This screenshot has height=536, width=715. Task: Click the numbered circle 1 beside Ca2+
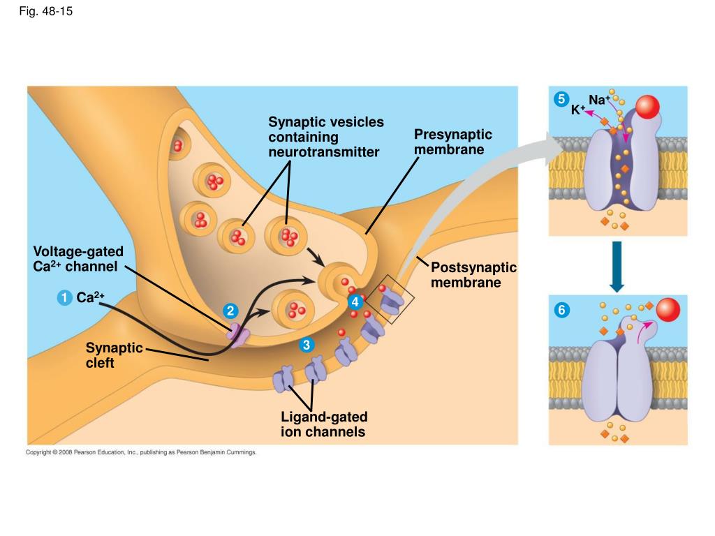coord(64,297)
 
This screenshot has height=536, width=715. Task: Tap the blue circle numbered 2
coord(230,311)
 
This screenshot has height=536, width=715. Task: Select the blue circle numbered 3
coord(307,345)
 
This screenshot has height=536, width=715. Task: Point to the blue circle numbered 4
coord(355,301)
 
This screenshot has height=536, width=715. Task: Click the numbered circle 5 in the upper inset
coord(561,99)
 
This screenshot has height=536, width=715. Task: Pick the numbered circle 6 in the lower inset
coord(561,311)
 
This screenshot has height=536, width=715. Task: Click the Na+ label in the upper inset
coord(599,99)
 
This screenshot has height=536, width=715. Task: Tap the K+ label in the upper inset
coord(578,110)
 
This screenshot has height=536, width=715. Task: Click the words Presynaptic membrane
coord(452,142)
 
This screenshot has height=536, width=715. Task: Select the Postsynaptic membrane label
coord(474,275)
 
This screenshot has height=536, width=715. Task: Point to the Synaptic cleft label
coord(114,355)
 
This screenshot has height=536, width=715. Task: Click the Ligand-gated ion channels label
coord(324,424)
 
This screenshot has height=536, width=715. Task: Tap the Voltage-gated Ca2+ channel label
coord(78,259)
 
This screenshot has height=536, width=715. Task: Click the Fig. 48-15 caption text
coord(45,11)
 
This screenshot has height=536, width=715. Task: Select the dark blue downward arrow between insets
coord(617,267)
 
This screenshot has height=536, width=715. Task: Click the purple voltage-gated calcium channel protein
coord(237,336)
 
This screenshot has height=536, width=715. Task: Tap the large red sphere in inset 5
coord(647,107)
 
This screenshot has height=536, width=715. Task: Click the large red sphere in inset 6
coord(668,310)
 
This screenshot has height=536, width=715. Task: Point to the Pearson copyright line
coord(141,452)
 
